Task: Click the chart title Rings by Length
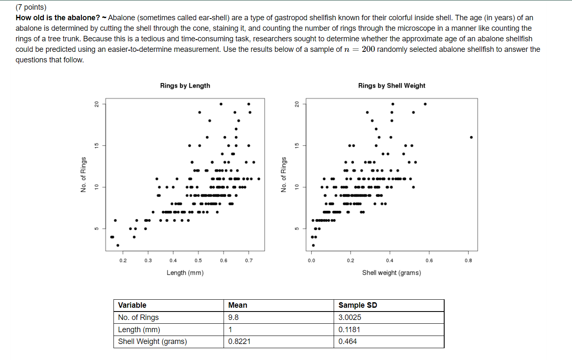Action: (185, 86)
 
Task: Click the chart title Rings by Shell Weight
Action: (391, 86)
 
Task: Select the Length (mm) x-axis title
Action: (185, 273)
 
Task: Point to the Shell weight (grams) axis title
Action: (391, 273)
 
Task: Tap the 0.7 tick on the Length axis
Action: (249, 261)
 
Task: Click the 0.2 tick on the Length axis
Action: (123, 261)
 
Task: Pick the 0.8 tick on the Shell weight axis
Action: (468, 261)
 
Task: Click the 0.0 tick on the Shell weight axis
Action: (311, 261)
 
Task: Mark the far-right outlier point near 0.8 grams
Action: (471, 137)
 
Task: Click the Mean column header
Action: (237, 305)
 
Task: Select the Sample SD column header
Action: (358, 305)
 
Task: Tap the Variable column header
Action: (132, 305)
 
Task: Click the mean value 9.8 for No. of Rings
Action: (233, 317)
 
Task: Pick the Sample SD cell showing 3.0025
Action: (350, 317)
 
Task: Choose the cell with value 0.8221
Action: (239, 341)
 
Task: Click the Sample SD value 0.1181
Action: (349, 330)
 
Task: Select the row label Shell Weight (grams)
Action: (152, 341)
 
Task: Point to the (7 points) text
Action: (31, 7)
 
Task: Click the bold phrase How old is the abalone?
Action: (58, 18)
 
